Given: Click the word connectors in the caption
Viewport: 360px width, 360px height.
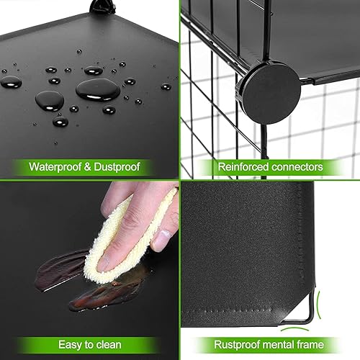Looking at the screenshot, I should pos(297,167).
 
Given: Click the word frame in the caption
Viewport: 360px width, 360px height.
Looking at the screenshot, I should pos(316,344).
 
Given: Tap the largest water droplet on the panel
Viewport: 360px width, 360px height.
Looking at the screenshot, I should pos(97,89).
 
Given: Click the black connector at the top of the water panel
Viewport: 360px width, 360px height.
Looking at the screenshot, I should pos(99,8).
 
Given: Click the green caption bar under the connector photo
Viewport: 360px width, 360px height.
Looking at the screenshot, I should pos(270,167).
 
